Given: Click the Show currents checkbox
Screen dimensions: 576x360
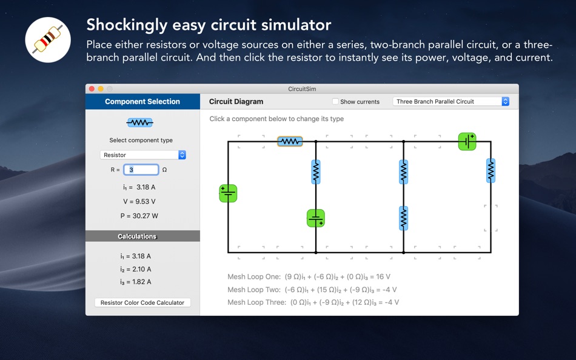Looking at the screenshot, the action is click(x=335, y=101).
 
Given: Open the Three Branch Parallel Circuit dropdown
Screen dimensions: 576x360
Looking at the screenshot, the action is click(x=450, y=101).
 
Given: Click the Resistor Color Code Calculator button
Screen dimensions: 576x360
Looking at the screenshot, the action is click(x=142, y=302).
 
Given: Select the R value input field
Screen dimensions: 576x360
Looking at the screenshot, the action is click(x=141, y=170).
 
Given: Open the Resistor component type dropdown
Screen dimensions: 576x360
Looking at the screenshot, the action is click(x=143, y=155).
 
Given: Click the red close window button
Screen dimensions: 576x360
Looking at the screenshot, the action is click(x=92, y=89).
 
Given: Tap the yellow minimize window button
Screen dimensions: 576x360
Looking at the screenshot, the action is click(x=101, y=89).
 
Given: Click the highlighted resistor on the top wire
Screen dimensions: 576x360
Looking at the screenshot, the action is click(x=290, y=141).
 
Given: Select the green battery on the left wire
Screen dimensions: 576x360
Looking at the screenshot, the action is click(x=228, y=193).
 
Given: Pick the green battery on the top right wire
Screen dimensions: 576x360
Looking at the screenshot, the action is click(x=467, y=141).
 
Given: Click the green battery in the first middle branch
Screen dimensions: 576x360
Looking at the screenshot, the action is click(x=315, y=218).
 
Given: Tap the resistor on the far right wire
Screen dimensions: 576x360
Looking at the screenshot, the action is click(x=491, y=170).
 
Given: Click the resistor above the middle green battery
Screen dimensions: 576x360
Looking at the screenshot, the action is click(x=315, y=172).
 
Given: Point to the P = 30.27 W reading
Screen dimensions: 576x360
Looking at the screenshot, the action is click(x=139, y=216).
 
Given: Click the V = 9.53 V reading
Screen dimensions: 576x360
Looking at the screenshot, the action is click(x=139, y=202).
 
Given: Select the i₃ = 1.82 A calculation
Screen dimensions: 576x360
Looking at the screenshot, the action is click(x=136, y=282).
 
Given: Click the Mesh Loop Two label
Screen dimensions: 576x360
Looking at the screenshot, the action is click(x=254, y=290).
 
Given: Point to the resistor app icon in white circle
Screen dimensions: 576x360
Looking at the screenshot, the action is click(x=48, y=39).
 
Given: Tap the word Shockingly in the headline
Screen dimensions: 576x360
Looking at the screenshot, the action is click(x=127, y=25).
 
